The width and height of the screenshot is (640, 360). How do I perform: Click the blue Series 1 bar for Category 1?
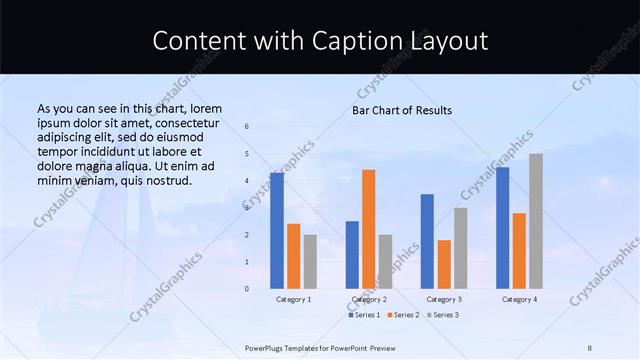pyautogui.click(x=277, y=231)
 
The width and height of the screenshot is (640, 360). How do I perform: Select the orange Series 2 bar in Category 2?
pyautogui.click(x=369, y=229)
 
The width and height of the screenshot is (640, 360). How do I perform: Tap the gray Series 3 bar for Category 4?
pyautogui.click(x=536, y=221)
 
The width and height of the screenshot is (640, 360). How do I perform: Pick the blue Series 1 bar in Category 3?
pyautogui.click(x=427, y=241)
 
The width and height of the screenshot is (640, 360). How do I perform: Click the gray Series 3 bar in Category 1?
pyautogui.click(x=310, y=261)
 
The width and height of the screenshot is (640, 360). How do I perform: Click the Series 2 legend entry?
pyautogui.click(x=402, y=315)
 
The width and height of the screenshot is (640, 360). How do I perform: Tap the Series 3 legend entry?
pyautogui.click(x=443, y=315)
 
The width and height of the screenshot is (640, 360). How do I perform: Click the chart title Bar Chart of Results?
pyautogui.click(x=402, y=110)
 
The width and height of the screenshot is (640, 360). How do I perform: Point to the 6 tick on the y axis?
pyautogui.click(x=247, y=126)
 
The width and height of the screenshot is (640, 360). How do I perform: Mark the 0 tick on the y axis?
pyautogui.click(x=247, y=289)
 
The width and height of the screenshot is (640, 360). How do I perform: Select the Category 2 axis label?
pyautogui.click(x=369, y=299)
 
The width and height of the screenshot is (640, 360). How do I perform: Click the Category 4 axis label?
pyautogui.click(x=519, y=299)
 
